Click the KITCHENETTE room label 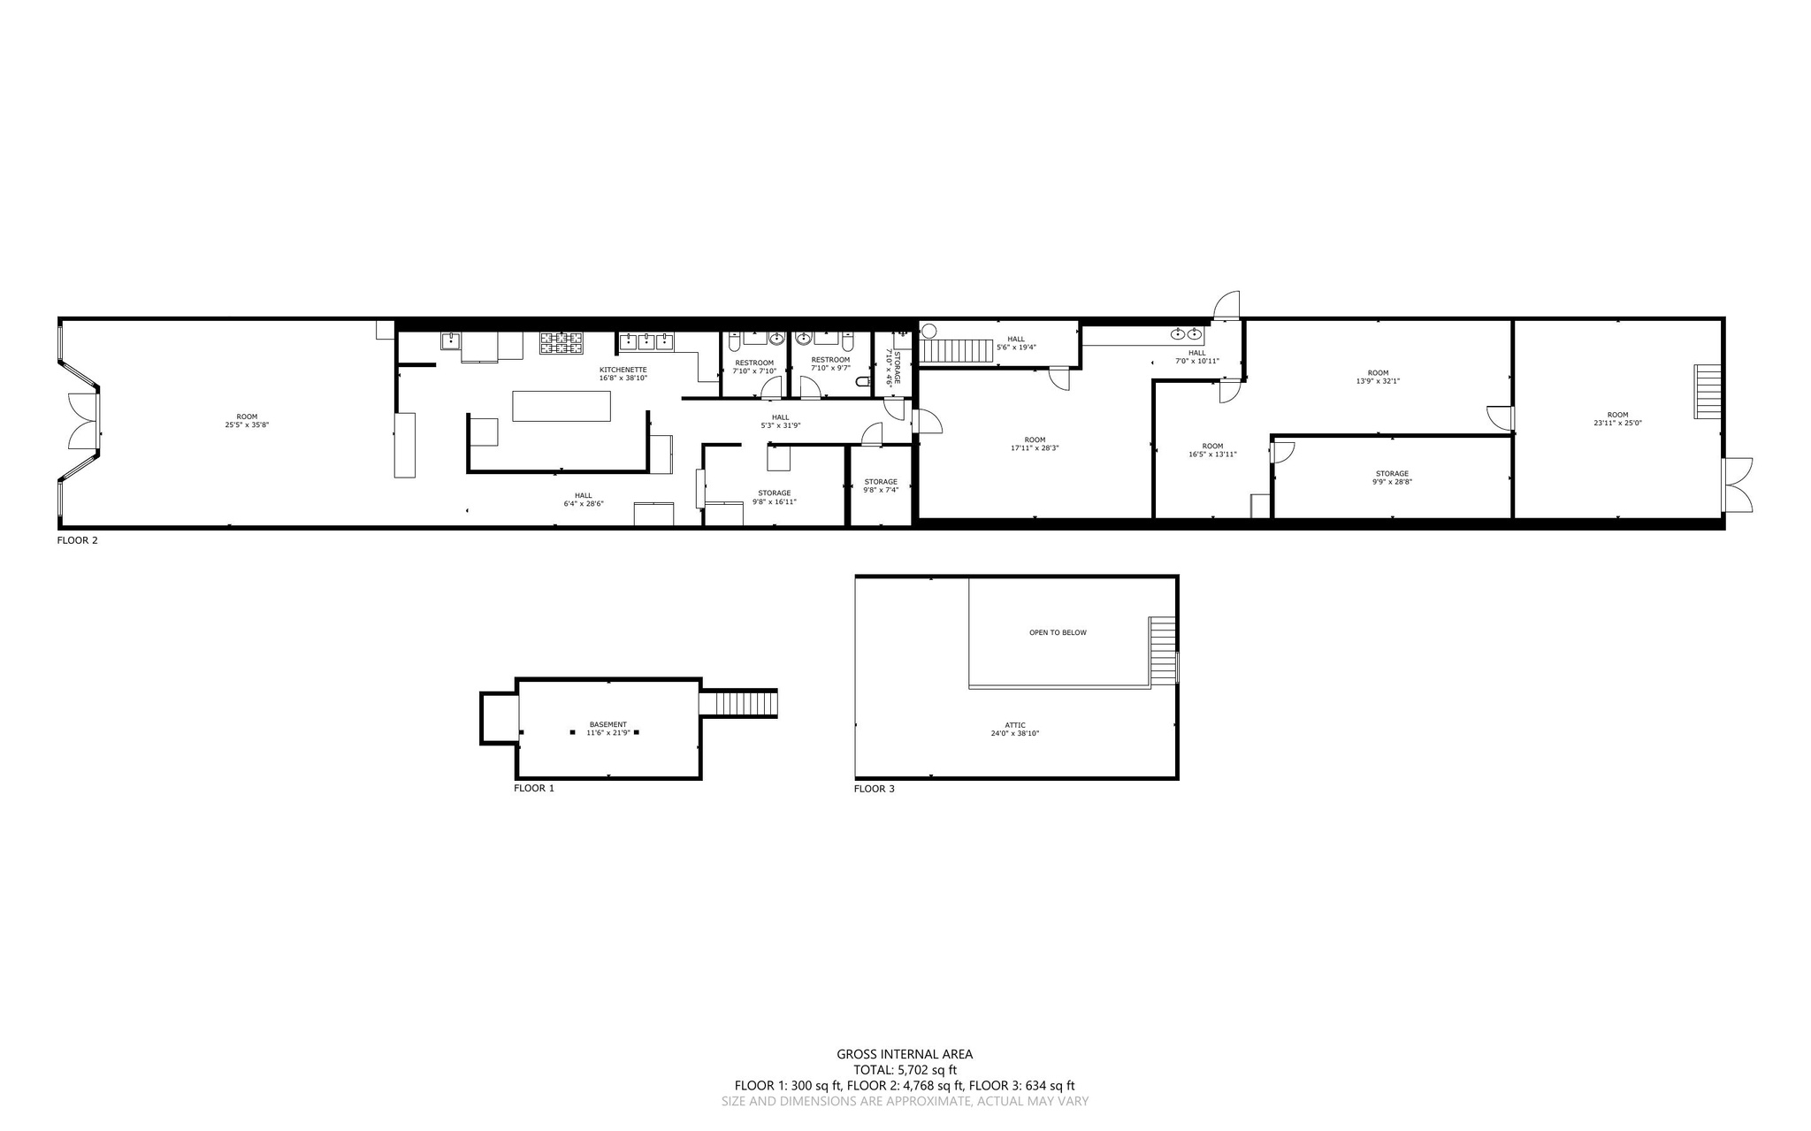pyautogui.click(x=623, y=370)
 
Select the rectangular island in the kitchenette pyautogui.click(x=562, y=406)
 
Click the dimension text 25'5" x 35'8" pyautogui.click(x=247, y=425)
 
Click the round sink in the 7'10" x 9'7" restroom pyautogui.click(x=804, y=338)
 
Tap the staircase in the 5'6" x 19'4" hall pyautogui.click(x=956, y=351)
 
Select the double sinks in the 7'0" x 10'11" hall pyautogui.click(x=1186, y=334)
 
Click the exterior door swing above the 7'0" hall pyautogui.click(x=1226, y=306)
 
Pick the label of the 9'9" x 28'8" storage pyautogui.click(x=1391, y=474)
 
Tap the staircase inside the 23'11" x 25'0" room pyautogui.click(x=1708, y=391)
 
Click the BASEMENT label pyautogui.click(x=607, y=724)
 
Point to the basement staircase pyautogui.click(x=739, y=704)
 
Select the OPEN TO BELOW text pyautogui.click(x=1058, y=633)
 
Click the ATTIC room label pyautogui.click(x=1015, y=725)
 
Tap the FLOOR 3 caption pyautogui.click(x=874, y=789)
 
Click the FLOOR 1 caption pyautogui.click(x=533, y=788)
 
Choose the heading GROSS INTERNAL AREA pyautogui.click(x=905, y=1054)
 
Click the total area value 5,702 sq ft pyautogui.click(x=926, y=1070)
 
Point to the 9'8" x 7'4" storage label pyautogui.click(x=881, y=482)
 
